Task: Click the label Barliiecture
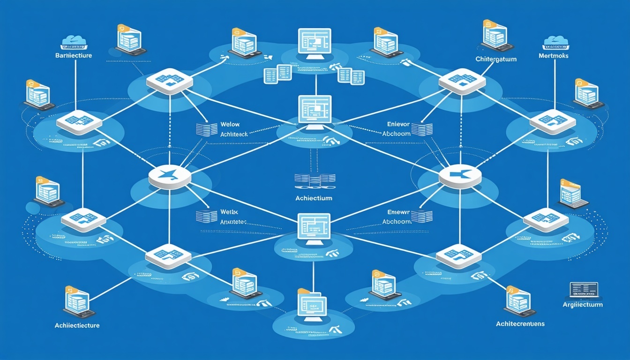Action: click(73, 55)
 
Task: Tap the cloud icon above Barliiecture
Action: click(74, 42)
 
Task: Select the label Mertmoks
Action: click(556, 56)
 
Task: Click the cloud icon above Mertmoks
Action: click(556, 42)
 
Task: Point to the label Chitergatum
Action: click(496, 59)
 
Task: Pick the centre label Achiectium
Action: click(314, 198)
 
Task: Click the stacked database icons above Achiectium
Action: click(315, 179)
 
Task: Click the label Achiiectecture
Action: click(77, 325)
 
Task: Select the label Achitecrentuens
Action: click(520, 324)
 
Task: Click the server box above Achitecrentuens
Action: click(518, 300)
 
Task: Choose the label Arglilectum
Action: click(583, 305)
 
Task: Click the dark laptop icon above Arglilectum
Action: click(584, 290)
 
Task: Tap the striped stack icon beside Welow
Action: click(203, 130)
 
